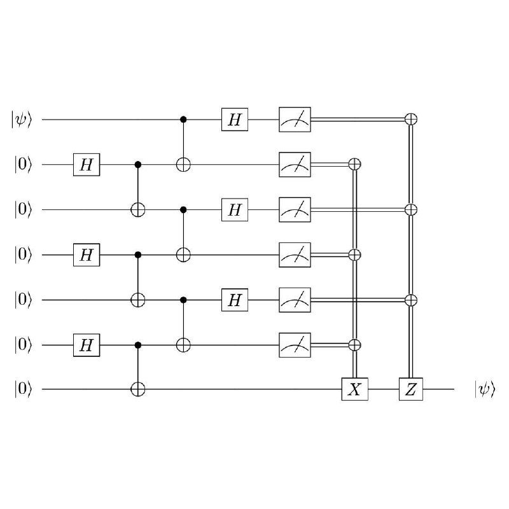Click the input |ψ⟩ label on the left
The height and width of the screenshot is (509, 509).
tap(22, 120)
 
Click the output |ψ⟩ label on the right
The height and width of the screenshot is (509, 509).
tap(485, 389)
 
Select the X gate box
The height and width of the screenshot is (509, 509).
tap(355, 389)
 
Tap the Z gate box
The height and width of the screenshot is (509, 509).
tap(411, 389)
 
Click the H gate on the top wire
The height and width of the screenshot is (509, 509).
tap(235, 120)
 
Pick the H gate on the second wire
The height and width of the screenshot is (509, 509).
tap(87, 165)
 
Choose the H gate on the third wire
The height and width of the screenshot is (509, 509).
tap(235, 210)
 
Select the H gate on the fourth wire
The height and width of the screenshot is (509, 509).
tap(87, 255)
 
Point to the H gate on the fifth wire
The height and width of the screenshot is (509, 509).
tap(235, 300)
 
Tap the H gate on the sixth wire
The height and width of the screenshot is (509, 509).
tap(87, 345)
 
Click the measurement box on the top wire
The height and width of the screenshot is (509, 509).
tap(295, 120)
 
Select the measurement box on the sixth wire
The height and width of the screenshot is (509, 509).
tap(295, 345)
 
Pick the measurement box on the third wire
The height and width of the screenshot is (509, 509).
tap(295, 210)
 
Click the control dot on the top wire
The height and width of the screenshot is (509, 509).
tap(183, 120)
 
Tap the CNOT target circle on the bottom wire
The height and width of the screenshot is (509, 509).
tap(137, 389)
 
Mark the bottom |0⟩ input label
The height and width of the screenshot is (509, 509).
tap(23, 389)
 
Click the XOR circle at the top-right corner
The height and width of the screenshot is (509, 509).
tap(411, 120)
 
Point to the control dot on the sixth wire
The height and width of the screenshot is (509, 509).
tap(137, 345)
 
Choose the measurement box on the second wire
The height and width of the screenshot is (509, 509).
tap(295, 165)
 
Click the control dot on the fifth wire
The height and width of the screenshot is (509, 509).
tap(183, 300)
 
